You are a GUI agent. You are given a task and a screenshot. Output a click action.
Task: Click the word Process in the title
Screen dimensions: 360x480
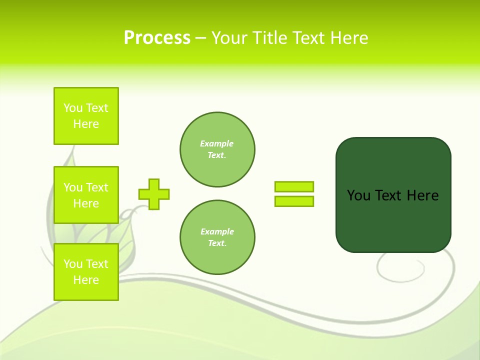coord(157,38)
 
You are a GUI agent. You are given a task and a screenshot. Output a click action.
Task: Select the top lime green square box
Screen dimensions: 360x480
coord(86,116)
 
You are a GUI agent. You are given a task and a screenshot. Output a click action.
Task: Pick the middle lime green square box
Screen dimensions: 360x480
coord(86,195)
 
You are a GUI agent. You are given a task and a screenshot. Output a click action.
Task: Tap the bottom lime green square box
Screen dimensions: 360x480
coord(86,272)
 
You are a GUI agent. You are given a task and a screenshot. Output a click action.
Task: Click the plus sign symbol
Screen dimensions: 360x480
coord(154,194)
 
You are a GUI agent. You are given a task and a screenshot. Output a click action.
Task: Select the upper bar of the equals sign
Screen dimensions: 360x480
coord(294,186)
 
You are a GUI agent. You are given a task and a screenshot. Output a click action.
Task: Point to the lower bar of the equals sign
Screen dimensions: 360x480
coord(294,201)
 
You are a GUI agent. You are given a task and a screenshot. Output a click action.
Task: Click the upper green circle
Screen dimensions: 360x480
coord(217,149)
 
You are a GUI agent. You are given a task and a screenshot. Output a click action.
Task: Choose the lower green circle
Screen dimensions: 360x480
coord(217,237)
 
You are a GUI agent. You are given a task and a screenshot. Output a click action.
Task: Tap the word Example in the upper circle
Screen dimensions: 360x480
coord(216,143)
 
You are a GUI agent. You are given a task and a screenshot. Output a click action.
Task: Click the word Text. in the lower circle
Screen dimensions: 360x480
coord(217,243)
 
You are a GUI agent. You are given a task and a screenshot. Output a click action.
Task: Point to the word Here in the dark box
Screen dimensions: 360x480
coord(422,195)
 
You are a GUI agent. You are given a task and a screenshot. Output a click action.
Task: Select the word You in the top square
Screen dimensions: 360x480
coord(73,108)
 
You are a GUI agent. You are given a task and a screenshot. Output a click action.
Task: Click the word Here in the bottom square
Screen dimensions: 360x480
coord(86,280)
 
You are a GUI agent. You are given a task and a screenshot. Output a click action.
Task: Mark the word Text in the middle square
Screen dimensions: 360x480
coord(98,187)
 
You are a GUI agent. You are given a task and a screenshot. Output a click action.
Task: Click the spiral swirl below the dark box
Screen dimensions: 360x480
coord(400,268)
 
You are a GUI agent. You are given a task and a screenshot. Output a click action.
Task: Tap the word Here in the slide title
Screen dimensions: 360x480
coord(348,38)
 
